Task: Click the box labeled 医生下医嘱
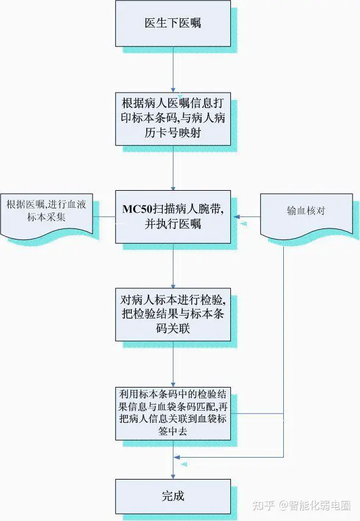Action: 173,24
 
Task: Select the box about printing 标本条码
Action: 173,119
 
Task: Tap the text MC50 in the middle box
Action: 137,210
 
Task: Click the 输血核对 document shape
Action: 306,215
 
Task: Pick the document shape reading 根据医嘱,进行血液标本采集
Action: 46,215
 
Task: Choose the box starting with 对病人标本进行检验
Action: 173,314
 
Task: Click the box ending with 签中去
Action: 173,414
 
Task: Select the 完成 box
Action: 173,497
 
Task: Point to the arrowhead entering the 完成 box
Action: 173,477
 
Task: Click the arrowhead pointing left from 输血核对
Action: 236,217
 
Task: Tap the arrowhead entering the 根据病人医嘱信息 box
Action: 173,90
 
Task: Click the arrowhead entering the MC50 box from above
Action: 173,188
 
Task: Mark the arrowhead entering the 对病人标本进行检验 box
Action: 173,286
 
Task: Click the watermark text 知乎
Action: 263,505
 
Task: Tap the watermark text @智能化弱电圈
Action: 315,505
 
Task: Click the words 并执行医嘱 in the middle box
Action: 173,224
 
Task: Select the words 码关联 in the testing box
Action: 173,328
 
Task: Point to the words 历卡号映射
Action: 173,133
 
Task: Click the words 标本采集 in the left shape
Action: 46,217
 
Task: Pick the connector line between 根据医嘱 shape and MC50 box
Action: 104,218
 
